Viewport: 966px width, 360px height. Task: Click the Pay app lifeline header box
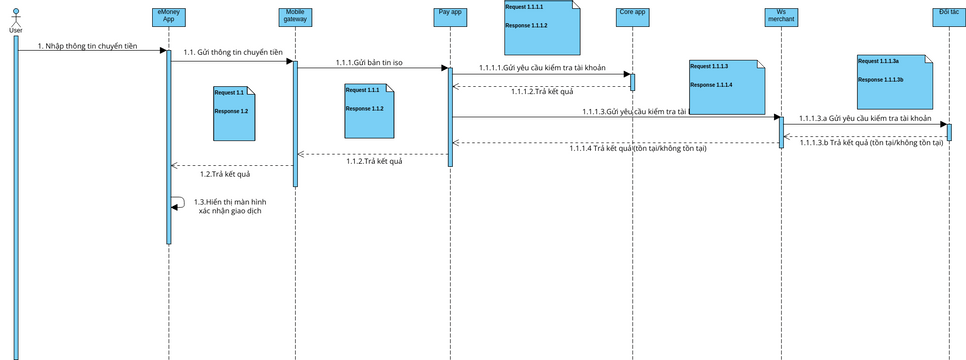449,15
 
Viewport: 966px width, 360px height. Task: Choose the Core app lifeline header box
632,15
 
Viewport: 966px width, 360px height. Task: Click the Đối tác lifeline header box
948,15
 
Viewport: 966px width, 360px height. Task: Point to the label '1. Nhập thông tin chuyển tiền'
87,46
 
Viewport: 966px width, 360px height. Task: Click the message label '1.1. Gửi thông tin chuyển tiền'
232,52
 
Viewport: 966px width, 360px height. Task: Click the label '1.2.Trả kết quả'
224,173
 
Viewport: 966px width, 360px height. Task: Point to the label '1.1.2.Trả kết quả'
374,161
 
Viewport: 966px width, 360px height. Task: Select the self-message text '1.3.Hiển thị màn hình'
230,201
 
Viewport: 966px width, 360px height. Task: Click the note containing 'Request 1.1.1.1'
540,27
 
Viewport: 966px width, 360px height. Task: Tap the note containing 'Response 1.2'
234,114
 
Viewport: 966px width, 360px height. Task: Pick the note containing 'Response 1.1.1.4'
726,87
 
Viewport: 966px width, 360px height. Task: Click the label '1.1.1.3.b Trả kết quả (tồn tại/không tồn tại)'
871,143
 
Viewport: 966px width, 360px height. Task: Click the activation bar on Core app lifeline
632,81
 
